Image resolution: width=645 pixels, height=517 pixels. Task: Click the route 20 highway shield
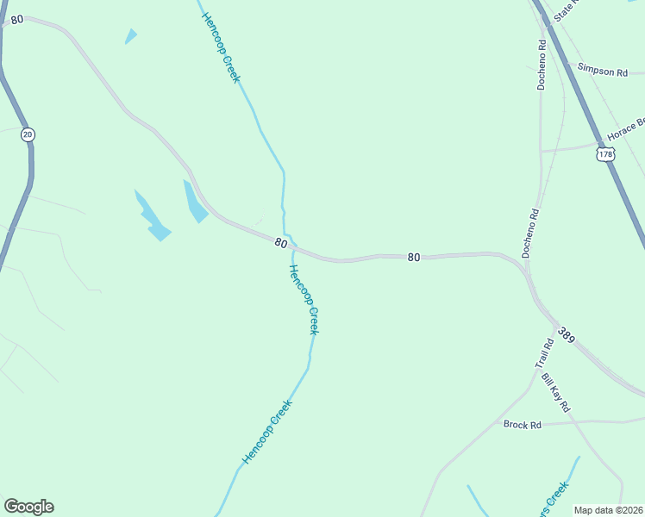(x=28, y=134)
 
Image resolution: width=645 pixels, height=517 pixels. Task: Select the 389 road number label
(x=567, y=333)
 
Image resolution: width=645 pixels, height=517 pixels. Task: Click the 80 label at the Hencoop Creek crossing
(x=281, y=243)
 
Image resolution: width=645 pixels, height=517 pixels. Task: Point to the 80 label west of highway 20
(x=17, y=19)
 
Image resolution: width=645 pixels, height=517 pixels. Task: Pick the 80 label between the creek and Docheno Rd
(x=414, y=257)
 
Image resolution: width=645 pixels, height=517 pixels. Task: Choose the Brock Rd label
(x=522, y=425)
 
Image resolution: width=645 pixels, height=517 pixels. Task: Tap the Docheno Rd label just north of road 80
(x=530, y=233)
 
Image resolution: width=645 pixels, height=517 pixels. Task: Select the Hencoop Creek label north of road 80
(x=220, y=47)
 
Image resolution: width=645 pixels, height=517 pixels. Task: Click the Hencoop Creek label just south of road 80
(x=304, y=300)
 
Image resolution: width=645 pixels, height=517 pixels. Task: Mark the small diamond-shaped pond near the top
(x=131, y=36)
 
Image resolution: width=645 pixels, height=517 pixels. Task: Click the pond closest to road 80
(x=195, y=202)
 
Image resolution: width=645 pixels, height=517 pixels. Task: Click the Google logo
(x=28, y=507)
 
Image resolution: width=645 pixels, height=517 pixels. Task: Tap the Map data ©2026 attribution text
(x=609, y=510)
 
